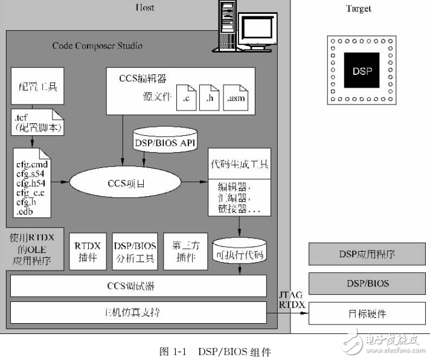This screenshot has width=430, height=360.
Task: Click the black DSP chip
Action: click(362, 70)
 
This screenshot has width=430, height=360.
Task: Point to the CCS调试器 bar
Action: click(138, 285)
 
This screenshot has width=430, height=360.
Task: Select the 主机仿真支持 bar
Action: click(138, 312)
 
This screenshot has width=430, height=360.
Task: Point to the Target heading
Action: click(358, 8)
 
